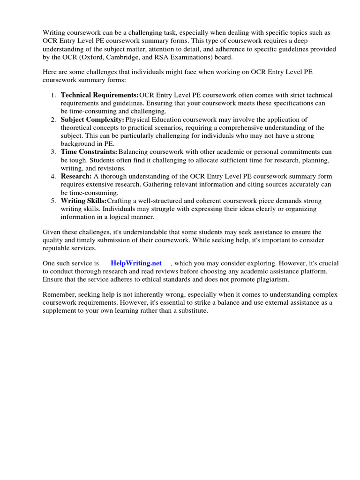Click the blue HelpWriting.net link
click(x=136, y=263)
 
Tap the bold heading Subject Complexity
click(x=92, y=120)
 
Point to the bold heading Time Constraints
click(x=89, y=152)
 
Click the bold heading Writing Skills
click(x=83, y=201)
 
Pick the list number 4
click(x=53, y=176)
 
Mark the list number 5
click(x=53, y=201)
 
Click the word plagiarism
click(x=271, y=279)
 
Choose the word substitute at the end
click(x=192, y=311)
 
